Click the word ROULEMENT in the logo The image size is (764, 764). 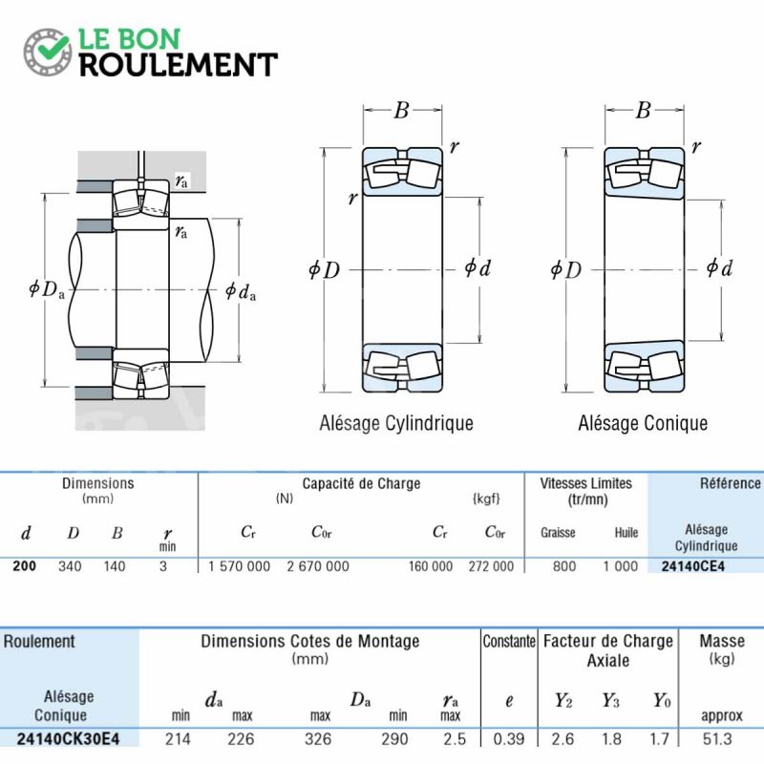179,65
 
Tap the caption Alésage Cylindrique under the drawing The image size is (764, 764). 396,423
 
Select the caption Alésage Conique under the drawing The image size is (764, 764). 643,423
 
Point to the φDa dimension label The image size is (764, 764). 47,289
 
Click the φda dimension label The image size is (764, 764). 241,291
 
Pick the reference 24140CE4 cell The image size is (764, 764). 693,566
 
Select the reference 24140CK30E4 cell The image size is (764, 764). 68,739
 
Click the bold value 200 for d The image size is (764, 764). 25,566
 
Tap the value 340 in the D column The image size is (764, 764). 70,566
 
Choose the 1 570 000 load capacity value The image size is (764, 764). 239,566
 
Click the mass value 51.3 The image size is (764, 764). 717,739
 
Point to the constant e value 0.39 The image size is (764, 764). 509,739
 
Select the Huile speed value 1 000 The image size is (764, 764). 620,566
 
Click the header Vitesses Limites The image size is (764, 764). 585,483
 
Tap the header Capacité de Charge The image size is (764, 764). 361,483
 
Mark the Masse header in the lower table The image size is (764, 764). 722,641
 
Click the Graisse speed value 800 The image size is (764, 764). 564,566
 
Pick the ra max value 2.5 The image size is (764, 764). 455,739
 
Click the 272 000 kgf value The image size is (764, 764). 491,566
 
